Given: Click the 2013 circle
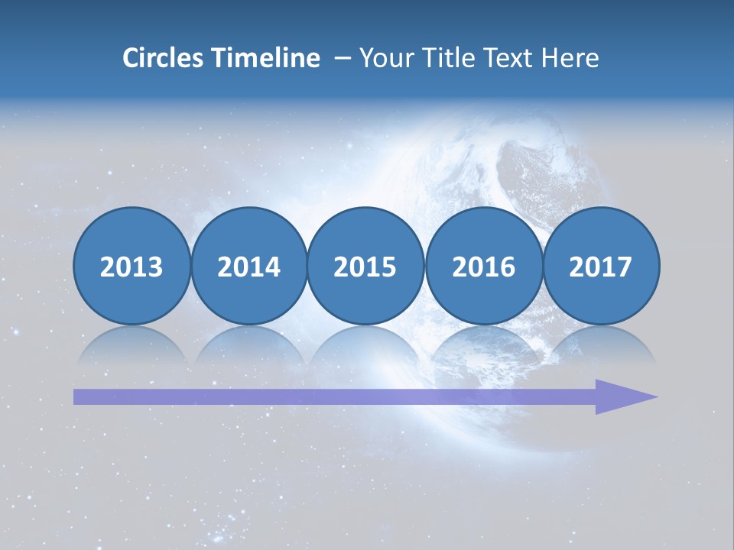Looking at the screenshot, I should [132, 266].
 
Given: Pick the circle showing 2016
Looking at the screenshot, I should [483, 266].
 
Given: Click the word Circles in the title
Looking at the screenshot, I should [164, 58].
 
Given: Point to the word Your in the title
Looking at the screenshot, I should [385, 58].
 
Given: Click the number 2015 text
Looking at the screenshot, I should [365, 267].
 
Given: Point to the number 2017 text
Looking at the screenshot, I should [600, 267].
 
